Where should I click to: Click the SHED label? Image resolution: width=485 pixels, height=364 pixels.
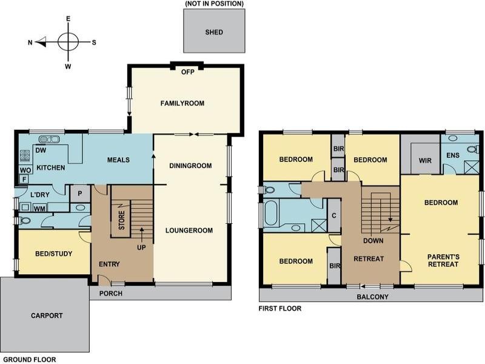(214, 32)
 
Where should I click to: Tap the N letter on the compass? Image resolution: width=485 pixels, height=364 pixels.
(30, 42)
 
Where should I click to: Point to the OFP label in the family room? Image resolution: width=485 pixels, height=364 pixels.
(188, 72)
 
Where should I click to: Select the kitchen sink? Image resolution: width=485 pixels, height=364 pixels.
(49, 140)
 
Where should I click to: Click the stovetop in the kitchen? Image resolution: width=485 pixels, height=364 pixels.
(25, 156)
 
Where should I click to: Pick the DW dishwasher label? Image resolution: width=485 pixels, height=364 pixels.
(41, 150)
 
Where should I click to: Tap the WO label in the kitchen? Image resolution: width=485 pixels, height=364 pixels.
(25, 170)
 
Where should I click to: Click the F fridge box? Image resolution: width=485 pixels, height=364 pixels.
(24, 179)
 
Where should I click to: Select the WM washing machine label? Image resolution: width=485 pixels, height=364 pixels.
(39, 209)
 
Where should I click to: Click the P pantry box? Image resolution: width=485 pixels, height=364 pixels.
(80, 194)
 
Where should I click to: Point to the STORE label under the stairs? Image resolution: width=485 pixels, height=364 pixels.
(122, 220)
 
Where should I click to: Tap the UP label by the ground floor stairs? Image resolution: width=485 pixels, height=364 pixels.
(141, 248)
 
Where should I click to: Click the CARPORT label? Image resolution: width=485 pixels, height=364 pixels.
(47, 315)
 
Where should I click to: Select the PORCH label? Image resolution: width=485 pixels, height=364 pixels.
(111, 294)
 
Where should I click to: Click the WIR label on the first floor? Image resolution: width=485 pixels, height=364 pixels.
(425, 161)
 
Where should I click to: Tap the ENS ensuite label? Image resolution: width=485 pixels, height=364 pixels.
(453, 155)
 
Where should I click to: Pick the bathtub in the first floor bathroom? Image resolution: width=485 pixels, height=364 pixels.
(272, 213)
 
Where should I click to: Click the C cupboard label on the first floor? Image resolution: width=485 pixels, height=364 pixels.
(334, 216)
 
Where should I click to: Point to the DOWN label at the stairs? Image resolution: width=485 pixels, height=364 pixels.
(373, 241)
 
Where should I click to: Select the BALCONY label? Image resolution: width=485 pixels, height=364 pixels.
(372, 297)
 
